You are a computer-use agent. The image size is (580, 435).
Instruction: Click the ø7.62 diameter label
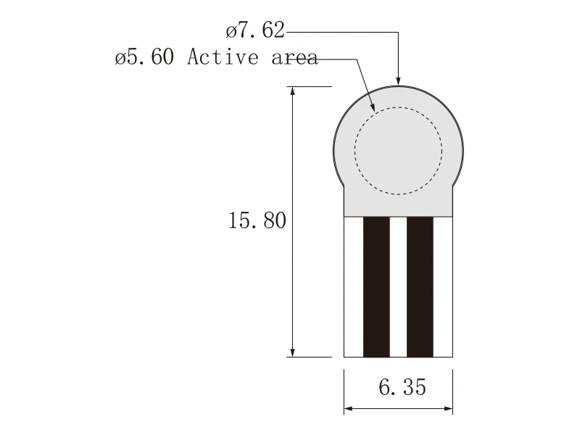(x=255, y=30)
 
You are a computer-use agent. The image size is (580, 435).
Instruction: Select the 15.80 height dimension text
(x=257, y=220)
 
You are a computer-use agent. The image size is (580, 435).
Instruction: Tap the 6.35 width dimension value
(x=402, y=387)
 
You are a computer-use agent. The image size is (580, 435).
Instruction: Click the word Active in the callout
(x=223, y=57)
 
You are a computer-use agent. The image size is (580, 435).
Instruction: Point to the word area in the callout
(x=294, y=58)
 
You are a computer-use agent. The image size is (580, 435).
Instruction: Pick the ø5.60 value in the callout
(x=144, y=57)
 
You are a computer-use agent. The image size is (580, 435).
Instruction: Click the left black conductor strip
(x=376, y=287)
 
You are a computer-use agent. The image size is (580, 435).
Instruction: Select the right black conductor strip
(x=420, y=287)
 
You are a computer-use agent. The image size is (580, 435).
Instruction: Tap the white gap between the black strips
(x=398, y=287)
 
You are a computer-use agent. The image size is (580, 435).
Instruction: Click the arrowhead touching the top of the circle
(x=398, y=81)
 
